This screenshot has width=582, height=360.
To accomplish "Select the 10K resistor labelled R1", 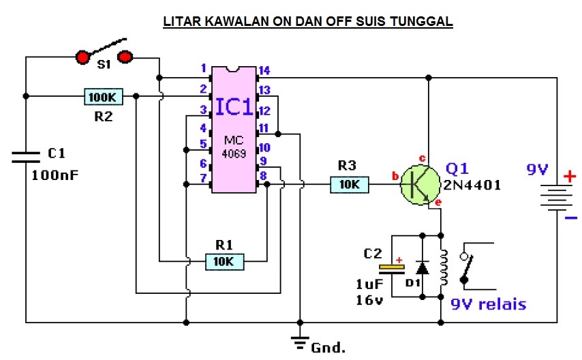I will pos(224,260).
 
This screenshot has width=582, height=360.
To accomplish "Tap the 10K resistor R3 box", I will pos(350,184).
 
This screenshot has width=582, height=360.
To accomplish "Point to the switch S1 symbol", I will pos(104,55).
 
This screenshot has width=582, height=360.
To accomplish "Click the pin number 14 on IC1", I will pos(264,70).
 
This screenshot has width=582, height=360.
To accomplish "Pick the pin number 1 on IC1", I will pos(202,68).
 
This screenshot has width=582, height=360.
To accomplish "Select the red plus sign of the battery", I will pos(568,177).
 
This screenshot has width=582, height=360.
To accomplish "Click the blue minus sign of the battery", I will pos(570,218).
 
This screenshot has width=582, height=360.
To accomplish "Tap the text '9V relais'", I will pos(488,304).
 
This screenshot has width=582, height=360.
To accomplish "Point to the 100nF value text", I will pos(55,175).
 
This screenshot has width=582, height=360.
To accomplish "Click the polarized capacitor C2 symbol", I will pos(392,269).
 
